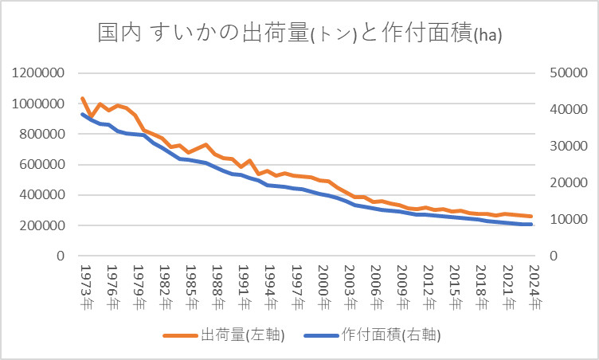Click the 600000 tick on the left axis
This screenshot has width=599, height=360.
coord(43,165)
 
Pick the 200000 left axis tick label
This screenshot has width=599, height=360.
coord(43,225)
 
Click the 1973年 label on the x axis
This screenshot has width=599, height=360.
coord(84,287)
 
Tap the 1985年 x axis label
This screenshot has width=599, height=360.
coord(190,287)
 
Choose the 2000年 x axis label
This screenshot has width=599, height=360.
coord(322,287)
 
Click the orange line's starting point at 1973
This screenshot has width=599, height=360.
coord(83,99)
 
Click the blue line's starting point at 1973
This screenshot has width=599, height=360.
coord(83,115)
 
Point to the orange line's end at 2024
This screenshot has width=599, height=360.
coord(531,217)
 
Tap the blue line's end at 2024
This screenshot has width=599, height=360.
coord(531,225)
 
